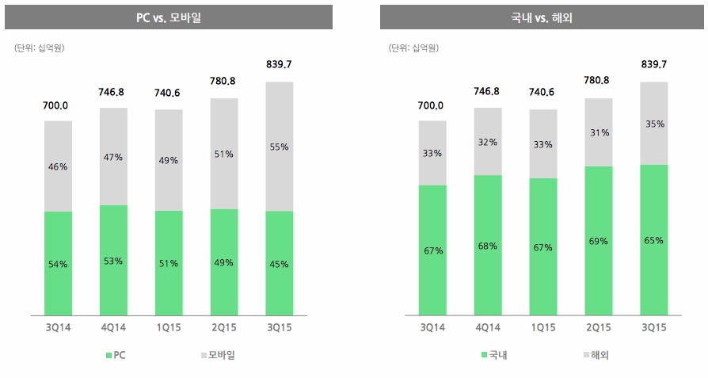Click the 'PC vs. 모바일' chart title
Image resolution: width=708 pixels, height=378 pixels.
[166, 17]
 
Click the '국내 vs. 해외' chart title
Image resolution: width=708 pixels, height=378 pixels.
[542, 17]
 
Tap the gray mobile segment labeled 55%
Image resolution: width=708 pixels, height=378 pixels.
[279, 147]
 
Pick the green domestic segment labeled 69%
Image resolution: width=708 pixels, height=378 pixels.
[599, 239]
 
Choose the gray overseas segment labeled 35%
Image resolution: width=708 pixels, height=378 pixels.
[654, 124]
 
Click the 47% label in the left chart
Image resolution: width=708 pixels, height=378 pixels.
[113, 157]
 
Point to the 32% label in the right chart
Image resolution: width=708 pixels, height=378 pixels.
[488, 142]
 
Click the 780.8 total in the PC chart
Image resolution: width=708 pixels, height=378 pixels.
[224, 81]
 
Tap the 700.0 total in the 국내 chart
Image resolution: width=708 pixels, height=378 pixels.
[432, 105]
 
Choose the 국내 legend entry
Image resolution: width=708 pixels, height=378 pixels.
[493, 355]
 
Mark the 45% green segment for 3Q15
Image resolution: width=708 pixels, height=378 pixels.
[279, 262]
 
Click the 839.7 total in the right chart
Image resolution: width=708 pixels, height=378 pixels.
[654, 64]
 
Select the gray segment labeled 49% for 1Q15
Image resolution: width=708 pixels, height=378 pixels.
[169, 160]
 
